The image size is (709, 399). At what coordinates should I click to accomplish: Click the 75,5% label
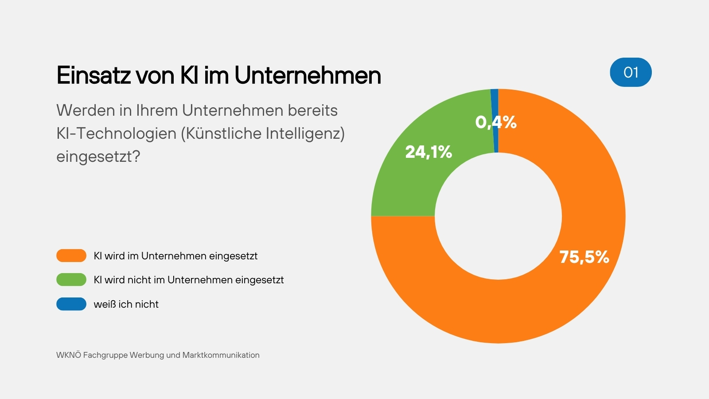(x=584, y=257)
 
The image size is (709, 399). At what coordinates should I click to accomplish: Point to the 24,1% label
(x=429, y=152)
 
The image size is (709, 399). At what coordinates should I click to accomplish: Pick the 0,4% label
(x=496, y=122)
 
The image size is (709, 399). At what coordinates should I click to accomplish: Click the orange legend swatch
(x=71, y=256)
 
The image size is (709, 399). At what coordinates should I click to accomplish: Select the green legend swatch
(x=71, y=280)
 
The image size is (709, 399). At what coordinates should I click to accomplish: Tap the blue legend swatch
(x=71, y=304)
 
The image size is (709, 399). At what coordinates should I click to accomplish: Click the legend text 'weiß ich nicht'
(x=126, y=304)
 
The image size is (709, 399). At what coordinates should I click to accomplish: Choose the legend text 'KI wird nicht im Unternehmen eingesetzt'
(x=189, y=280)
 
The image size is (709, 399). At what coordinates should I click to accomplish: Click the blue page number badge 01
(x=631, y=72)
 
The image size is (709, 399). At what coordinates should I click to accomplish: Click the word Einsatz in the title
(x=93, y=75)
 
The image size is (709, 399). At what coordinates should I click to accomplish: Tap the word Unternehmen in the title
(x=308, y=75)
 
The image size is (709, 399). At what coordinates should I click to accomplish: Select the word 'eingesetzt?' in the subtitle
(x=98, y=156)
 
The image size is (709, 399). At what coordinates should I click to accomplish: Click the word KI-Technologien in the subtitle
(x=116, y=133)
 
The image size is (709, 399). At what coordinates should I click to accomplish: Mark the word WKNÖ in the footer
(x=69, y=355)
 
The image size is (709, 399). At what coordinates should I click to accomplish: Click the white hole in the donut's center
(x=498, y=216)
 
